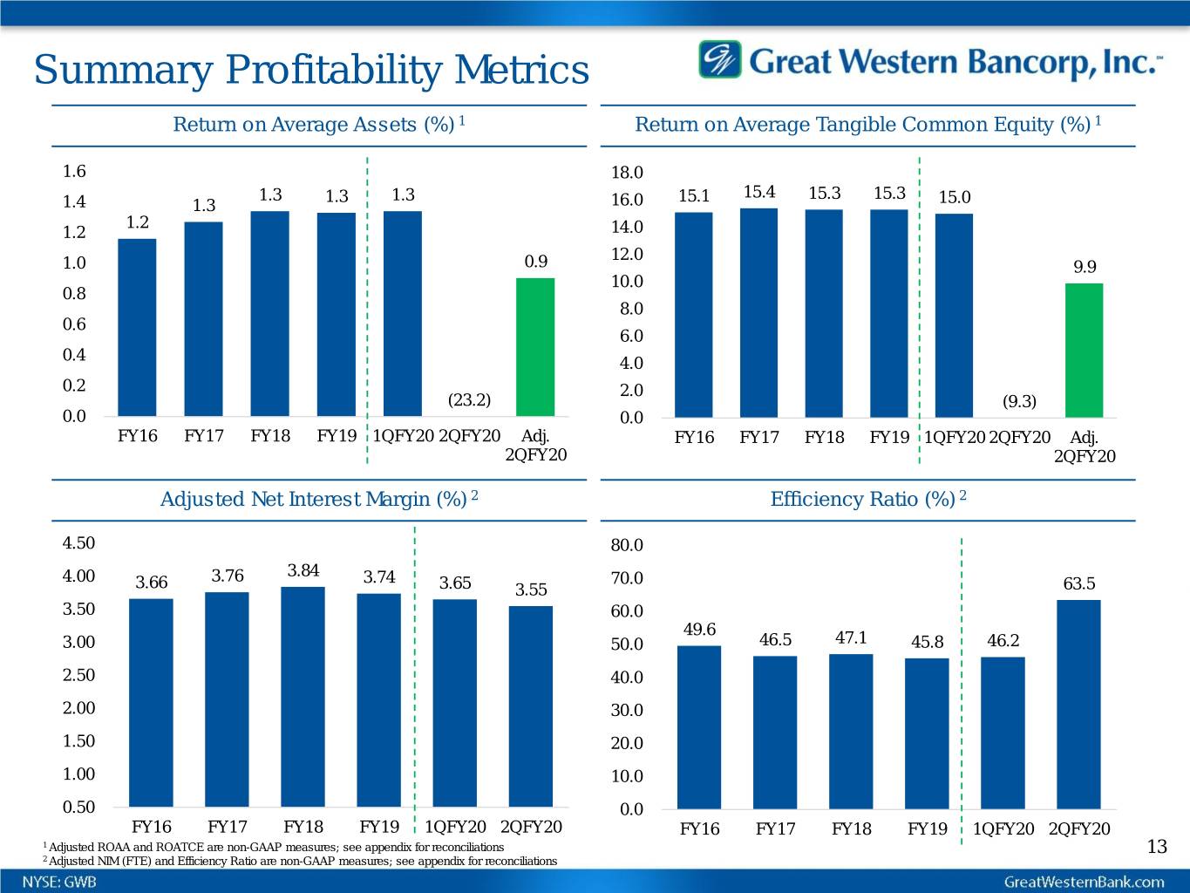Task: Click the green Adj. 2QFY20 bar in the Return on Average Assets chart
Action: coord(535,346)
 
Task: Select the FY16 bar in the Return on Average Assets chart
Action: coord(137,327)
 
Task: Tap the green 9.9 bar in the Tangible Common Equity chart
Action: coord(1084,350)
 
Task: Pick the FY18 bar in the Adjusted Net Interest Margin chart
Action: coord(303,696)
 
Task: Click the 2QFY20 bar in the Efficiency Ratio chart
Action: coord(1078,704)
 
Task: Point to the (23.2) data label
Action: coord(469,400)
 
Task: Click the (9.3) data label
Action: coord(1019,401)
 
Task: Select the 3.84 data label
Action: coord(303,571)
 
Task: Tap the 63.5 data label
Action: coord(1079,583)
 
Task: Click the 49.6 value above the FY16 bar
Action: coord(699,630)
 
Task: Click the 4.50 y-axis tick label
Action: coord(78,543)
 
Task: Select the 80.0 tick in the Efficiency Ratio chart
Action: coord(627,546)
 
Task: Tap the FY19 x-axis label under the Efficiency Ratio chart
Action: coord(928,828)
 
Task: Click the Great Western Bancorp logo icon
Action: coord(719,60)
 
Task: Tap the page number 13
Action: coord(1157,847)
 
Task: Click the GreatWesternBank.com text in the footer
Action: coord(1084,882)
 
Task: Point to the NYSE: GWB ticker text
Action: coord(59,882)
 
